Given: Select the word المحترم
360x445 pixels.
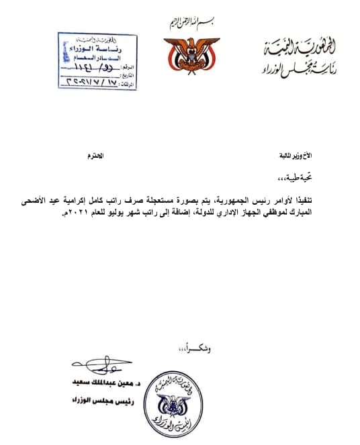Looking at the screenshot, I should [x=97, y=156].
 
